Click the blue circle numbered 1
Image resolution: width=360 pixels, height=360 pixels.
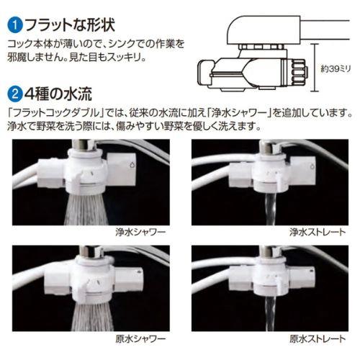[x=15, y=26]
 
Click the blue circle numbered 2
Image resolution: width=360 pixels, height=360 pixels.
[x=15, y=94]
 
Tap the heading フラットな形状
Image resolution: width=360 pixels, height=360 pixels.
[x=70, y=25]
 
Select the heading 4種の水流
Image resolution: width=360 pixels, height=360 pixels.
[x=58, y=94]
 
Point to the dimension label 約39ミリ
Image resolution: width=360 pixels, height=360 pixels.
[x=336, y=69]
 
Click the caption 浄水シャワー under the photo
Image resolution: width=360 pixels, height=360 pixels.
[x=140, y=232]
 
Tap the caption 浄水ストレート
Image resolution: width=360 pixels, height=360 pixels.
[x=318, y=232]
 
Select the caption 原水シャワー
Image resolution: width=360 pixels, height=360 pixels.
[x=140, y=338]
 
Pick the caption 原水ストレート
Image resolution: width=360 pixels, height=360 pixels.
[x=318, y=338]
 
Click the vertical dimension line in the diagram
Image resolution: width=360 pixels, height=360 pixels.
[x=315, y=68]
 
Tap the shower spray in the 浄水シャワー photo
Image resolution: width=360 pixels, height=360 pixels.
[x=86, y=210]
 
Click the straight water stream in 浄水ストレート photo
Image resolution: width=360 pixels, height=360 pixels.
[x=271, y=210]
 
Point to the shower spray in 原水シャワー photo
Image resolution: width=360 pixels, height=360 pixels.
[x=92, y=316]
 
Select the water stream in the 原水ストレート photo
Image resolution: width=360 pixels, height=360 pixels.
[x=271, y=315]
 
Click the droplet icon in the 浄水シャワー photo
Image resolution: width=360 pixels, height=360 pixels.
[x=132, y=165]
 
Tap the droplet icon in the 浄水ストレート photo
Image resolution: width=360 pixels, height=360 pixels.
[x=312, y=166]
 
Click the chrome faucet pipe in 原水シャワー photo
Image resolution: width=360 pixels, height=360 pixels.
[x=92, y=251]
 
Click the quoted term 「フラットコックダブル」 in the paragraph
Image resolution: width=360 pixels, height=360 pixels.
[x=56, y=113]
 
